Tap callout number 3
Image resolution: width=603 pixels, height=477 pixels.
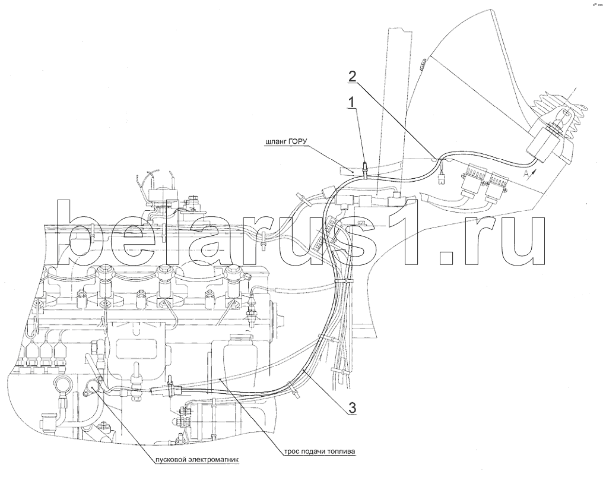coord(352,407)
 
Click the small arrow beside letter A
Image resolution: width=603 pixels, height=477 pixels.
coord(532,170)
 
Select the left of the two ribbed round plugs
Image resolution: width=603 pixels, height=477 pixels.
coord(473,178)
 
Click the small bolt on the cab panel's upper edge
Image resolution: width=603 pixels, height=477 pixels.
coord(421,65)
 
